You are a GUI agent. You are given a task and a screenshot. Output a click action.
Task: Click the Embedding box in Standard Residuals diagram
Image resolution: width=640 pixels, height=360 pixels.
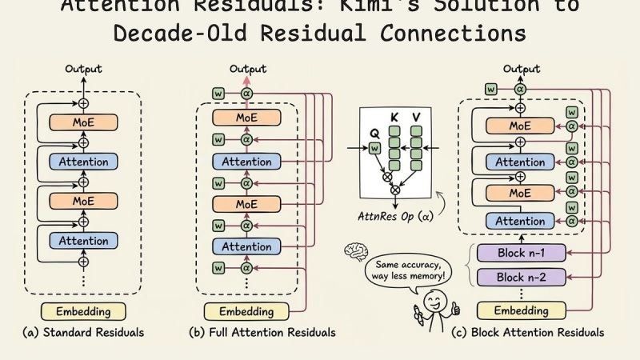[83, 311]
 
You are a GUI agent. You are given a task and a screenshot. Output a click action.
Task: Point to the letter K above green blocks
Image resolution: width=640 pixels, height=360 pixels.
[394, 118]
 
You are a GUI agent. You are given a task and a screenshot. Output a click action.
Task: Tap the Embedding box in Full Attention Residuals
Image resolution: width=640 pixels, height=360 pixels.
[246, 311]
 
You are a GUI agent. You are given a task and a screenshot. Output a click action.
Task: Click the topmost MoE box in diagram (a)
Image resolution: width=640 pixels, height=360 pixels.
[83, 122]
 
